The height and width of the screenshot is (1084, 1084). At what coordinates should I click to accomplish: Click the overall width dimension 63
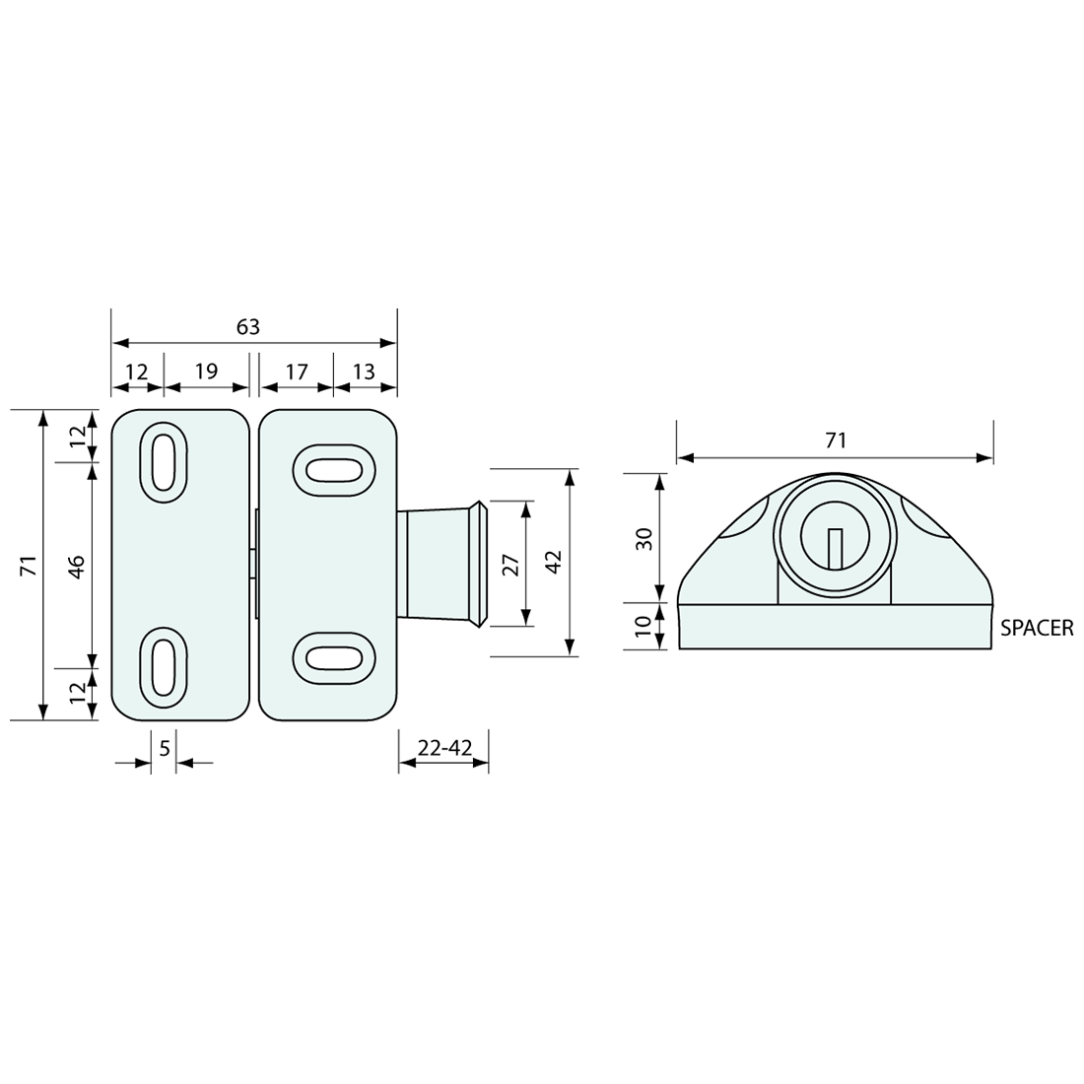click(x=248, y=327)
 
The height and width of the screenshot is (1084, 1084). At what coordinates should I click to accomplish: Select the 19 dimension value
click(x=206, y=372)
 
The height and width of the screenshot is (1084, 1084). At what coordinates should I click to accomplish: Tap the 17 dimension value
click(x=297, y=372)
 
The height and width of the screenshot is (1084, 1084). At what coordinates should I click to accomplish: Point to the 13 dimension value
click(x=364, y=372)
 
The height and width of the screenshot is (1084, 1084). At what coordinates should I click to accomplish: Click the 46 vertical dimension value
click(x=76, y=566)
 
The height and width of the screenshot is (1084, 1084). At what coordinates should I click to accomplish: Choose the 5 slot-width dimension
click(x=165, y=749)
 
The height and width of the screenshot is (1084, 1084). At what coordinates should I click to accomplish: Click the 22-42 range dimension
click(x=444, y=749)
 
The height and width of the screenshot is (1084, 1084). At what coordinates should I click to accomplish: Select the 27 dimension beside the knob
click(x=510, y=565)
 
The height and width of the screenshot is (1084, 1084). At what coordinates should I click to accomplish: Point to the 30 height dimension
click(x=644, y=539)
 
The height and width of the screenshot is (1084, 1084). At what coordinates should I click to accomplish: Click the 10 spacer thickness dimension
click(x=644, y=626)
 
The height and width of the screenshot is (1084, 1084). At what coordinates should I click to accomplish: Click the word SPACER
click(x=1037, y=628)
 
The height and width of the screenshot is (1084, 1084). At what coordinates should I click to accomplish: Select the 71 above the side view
click(x=836, y=440)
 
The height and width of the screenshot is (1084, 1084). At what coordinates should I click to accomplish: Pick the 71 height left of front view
click(x=29, y=566)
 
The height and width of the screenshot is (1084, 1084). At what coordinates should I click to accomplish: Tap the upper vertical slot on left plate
click(x=166, y=463)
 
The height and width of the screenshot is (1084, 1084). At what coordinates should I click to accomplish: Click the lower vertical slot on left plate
click(x=166, y=669)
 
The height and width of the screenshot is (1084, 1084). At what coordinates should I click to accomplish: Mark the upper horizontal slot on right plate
click(x=334, y=471)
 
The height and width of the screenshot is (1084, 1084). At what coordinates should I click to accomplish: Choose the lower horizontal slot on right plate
click(x=334, y=655)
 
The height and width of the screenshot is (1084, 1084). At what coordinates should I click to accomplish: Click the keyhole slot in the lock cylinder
click(x=836, y=547)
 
